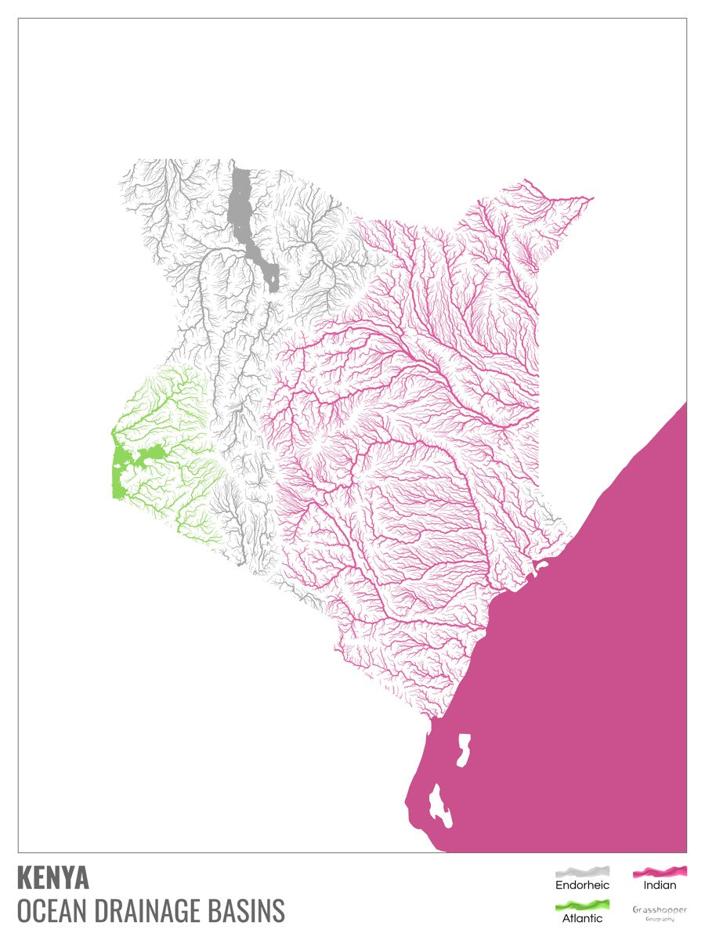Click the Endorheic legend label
[582, 885]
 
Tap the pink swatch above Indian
[660, 871]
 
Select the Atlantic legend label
[582, 918]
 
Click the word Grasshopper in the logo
[659, 909]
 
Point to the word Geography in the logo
[659, 919]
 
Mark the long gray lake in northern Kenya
[242, 204]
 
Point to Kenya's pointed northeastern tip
[592, 198]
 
